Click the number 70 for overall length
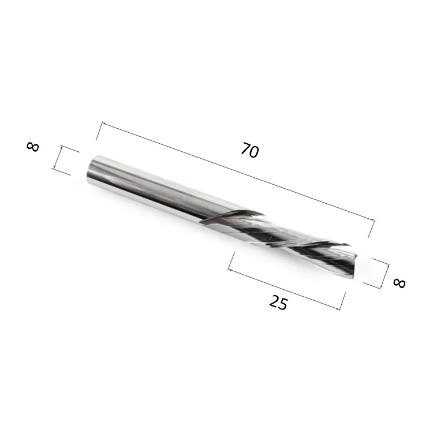tap(249, 151)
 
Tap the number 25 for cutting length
tap(278, 302)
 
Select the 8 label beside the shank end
tap(33, 146)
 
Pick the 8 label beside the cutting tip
tap(399, 283)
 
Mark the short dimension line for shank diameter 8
tap(57, 157)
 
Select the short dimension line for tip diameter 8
tap(385, 274)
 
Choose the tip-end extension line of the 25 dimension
tap(342, 301)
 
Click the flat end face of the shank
tap(92, 169)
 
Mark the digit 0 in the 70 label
tap(254, 153)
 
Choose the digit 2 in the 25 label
tap(274, 300)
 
